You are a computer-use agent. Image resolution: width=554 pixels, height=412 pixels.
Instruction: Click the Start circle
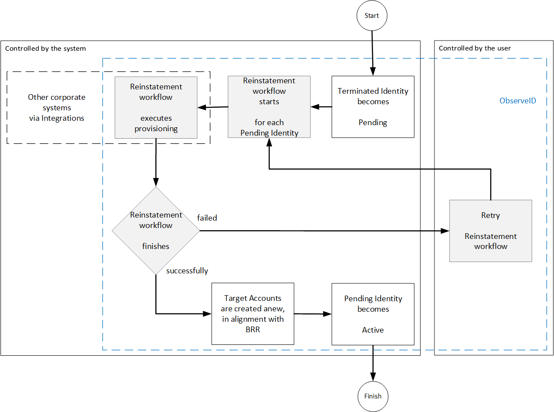point(372,16)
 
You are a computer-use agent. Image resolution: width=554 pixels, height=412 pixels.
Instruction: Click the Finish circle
point(373,396)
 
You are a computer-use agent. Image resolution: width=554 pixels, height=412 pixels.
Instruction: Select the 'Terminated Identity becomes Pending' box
point(373,107)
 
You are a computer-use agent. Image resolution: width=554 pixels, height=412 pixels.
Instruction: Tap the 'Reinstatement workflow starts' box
point(269,107)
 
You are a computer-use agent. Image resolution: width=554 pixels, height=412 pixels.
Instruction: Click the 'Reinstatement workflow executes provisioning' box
point(156,108)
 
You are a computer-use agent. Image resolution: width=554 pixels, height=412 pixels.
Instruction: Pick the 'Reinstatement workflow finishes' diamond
point(156,231)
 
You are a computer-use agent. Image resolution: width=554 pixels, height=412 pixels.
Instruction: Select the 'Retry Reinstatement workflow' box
point(490,231)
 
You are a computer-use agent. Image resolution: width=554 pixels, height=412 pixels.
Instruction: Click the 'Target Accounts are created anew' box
point(253,313)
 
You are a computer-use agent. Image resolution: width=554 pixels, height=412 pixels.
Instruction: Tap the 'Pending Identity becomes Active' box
point(373,314)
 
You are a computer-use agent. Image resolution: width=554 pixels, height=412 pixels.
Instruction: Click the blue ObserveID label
point(517,101)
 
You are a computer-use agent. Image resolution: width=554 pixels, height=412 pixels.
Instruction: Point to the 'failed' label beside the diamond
point(207,218)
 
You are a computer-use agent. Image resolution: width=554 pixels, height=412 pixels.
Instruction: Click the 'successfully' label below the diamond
point(187,271)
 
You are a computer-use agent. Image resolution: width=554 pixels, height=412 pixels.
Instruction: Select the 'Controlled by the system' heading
point(45,48)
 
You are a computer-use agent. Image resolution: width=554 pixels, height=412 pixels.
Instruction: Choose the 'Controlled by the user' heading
point(475,48)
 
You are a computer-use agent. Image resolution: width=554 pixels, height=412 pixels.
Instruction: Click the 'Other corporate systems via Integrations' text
point(57,108)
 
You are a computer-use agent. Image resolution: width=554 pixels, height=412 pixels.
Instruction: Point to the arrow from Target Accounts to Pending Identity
point(312,313)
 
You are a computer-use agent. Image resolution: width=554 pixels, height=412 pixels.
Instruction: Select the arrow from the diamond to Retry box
point(323,231)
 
